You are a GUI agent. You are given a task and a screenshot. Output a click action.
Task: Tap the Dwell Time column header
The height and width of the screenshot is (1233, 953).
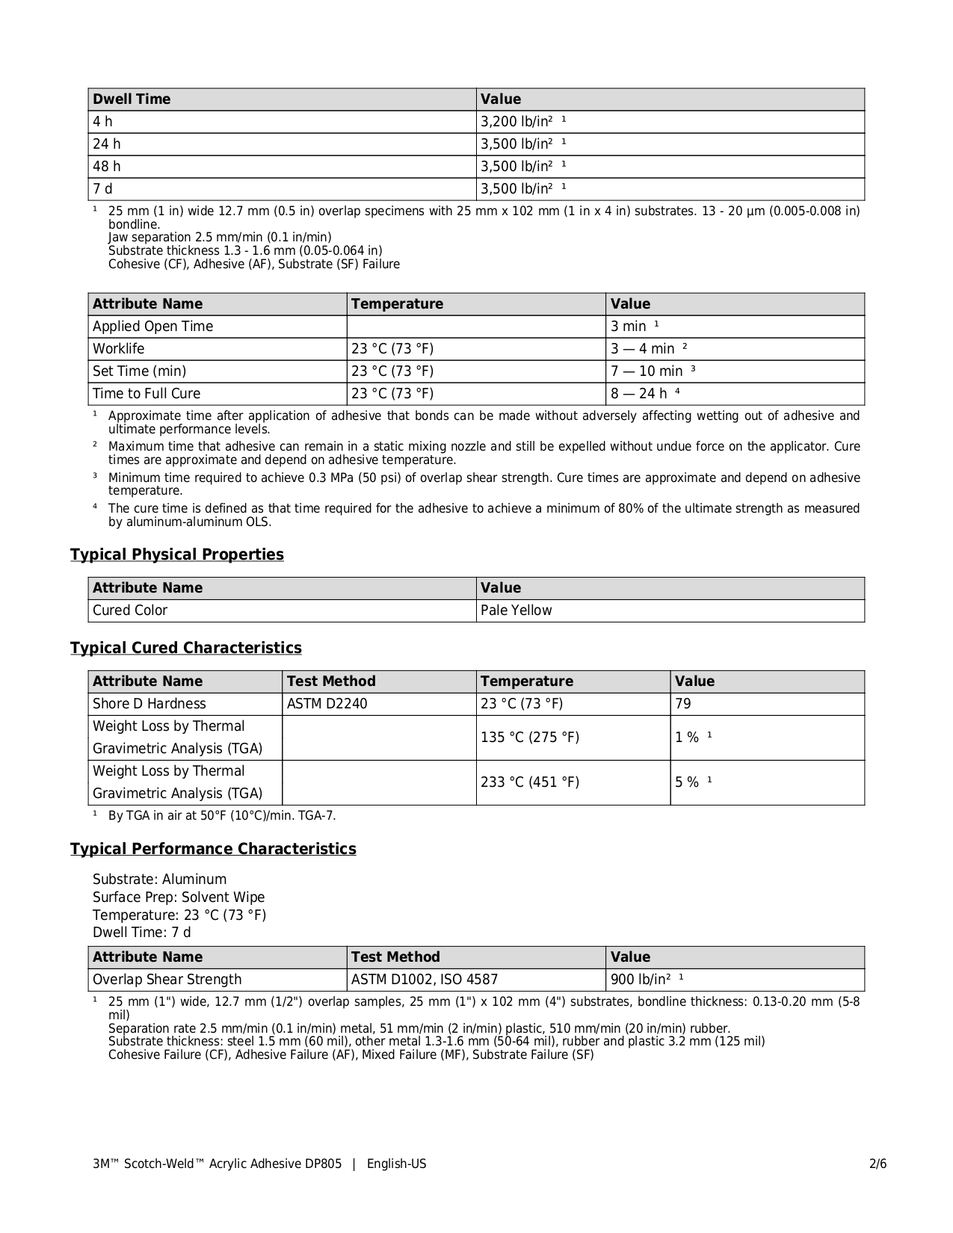pyautogui.click(x=132, y=99)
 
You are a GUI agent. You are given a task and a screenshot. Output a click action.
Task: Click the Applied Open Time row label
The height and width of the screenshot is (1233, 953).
pyautogui.click(x=152, y=327)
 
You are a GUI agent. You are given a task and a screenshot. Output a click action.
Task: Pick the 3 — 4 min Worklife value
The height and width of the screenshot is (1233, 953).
pyautogui.click(x=643, y=349)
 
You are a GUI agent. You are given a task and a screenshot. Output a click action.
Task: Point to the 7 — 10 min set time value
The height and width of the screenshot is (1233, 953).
pyautogui.click(x=647, y=371)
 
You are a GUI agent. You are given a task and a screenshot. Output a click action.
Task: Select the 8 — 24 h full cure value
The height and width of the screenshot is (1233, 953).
pyautogui.click(x=639, y=394)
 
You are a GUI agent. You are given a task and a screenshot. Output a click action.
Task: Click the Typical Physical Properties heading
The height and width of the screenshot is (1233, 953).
pyautogui.click(x=177, y=554)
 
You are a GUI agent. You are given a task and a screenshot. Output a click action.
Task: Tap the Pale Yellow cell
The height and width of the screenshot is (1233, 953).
pyautogui.click(x=516, y=611)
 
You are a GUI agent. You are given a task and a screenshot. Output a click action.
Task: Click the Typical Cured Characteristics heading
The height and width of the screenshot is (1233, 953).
pyautogui.click(x=186, y=648)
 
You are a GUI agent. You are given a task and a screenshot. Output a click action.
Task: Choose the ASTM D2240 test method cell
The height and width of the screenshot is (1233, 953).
pyautogui.click(x=327, y=704)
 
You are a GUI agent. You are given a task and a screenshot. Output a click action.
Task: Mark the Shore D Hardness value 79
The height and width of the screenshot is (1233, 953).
pyautogui.click(x=683, y=704)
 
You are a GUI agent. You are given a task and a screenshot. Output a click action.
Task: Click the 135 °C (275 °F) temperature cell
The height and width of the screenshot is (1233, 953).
pyautogui.click(x=530, y=738)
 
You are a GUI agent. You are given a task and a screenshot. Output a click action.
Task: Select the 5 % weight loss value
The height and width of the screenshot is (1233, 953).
pyautogui.click(x=688, y=782)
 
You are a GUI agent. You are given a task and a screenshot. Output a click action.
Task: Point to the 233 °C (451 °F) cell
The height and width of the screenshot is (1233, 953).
pyautogui.click(x=530, y=782)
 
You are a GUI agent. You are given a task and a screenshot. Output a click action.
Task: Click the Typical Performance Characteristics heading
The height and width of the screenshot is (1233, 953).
pyautogui.click(x=213, y=849)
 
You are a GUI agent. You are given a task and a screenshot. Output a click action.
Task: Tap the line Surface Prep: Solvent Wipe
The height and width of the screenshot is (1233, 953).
pyautogui.click(x=179, y=897)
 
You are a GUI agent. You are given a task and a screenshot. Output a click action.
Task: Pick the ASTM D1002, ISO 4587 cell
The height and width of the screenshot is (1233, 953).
pyautogui.click(x=425, y=980)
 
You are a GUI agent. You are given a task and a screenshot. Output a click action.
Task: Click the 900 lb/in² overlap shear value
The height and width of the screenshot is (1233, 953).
pyautogui.click(x=641, y=980)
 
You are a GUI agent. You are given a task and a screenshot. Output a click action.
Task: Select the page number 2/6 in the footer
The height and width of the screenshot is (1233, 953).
pyautogui.click(x=878, y=1164)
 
